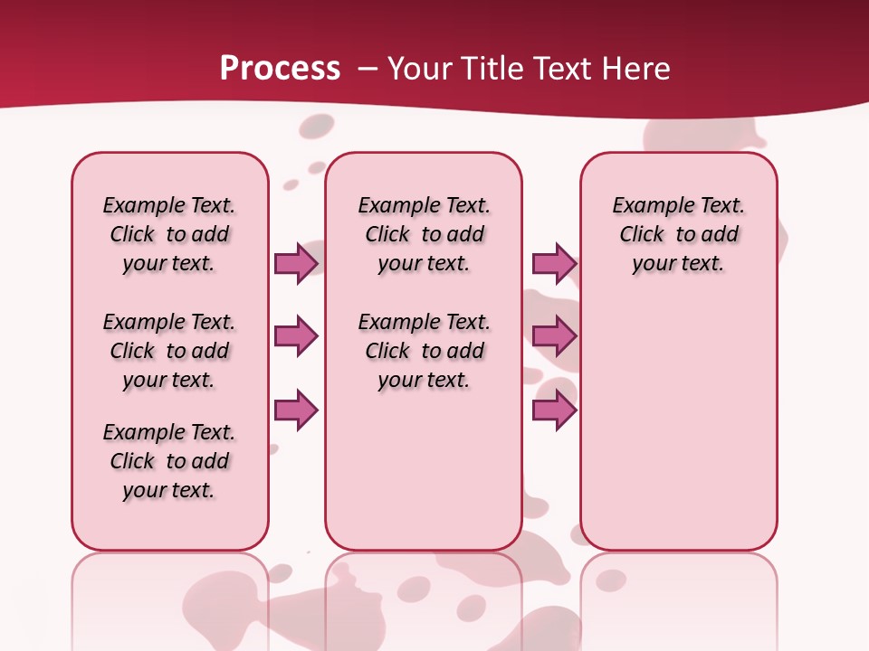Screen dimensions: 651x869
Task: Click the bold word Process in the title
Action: click(x=280, y=69)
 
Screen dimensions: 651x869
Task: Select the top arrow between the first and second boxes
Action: click(x=296, y=263)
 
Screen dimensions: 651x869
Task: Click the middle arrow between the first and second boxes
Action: click(x=296, y=336)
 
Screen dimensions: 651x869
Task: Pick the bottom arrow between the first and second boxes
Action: click(x=296, y=410)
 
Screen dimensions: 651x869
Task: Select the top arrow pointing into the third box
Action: click(x=554, y=263)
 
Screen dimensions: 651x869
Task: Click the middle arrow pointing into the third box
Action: click(x=554, y=336)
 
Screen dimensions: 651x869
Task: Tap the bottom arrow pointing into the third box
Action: click(x=554, y=410)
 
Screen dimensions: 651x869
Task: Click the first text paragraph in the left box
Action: click(x=169, y=234)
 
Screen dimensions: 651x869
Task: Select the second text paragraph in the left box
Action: click(x=169, y=351)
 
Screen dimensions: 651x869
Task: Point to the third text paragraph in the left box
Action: click(x=169, y=461)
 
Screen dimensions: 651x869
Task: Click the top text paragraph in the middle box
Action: click(x=424, y=234)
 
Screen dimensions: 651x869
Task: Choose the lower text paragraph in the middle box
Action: click(x=424, y=351)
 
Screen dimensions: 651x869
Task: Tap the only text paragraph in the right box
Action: click(x=678, y=234)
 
